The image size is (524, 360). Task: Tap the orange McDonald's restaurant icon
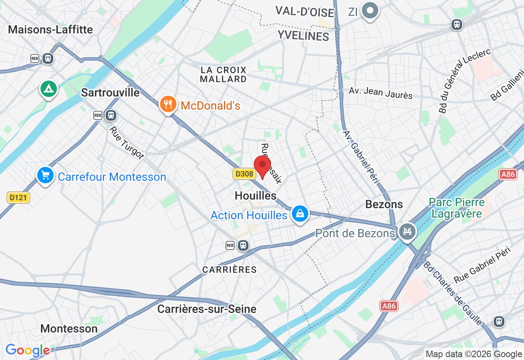[x=168, y=104]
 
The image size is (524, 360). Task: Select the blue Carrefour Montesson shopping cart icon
[x=45, y=175]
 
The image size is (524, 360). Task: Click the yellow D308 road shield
[x=244, y=174]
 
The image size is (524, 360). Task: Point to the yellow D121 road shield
[x=18, y=198]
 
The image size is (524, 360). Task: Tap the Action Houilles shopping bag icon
[x=300, y=214]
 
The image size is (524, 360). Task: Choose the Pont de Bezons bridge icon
[x=407, y=232]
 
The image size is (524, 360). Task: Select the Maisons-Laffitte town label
[x=50, y=29]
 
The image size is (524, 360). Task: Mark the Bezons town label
[x=384, y=204]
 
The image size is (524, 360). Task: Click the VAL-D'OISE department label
[x=305, y=11]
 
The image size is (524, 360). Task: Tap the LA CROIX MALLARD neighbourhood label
[x=224, y=74]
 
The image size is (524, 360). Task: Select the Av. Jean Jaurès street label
[x=381, y=93]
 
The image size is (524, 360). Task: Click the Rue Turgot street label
[x=126, y=142]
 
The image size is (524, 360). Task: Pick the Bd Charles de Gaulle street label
[x=453, y=293]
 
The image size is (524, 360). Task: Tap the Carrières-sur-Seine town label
[x=207, y=309]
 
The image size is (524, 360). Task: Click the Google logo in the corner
[x=28, y=350]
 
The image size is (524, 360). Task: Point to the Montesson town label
[x=69, y=328]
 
